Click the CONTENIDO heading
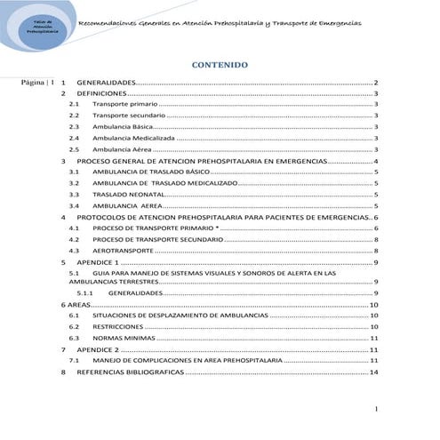coord(220,65)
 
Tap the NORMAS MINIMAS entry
coord(121,339)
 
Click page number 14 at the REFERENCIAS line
coord(375,373)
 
